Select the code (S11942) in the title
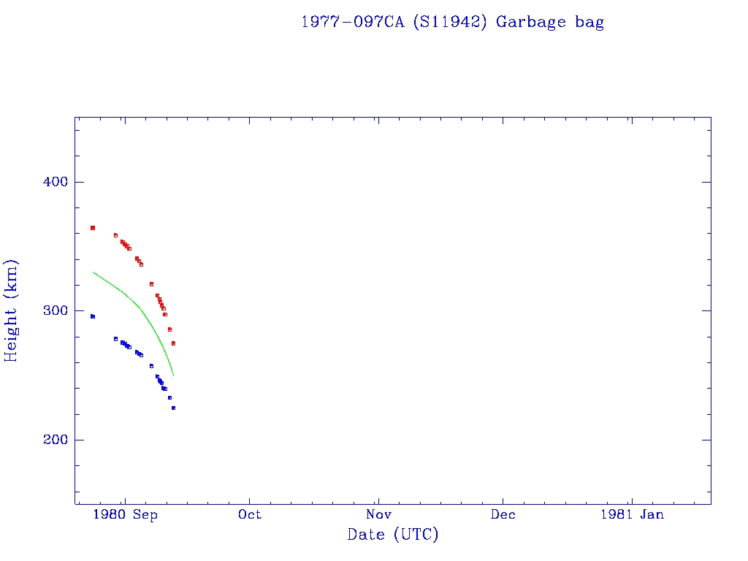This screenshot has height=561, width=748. pos(449,22)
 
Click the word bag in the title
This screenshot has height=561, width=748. pos(589,22)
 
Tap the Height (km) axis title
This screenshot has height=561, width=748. pos(11,310)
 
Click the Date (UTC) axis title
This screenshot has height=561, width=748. pos(393,535)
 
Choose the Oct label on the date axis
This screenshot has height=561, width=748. pos(250,515)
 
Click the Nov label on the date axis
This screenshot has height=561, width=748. pos(378,515)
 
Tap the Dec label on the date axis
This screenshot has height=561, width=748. pos(503,515)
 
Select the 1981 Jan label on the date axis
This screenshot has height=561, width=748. pos(632,515)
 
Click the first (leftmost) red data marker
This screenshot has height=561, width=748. pos(93,228)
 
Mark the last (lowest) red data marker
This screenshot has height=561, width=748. pos(173,343)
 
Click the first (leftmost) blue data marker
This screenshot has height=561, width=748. pos(93,316)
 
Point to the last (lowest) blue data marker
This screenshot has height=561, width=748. pos(173,408)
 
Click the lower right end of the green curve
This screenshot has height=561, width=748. pos(173,375)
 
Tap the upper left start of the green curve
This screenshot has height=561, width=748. pos(93,272)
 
